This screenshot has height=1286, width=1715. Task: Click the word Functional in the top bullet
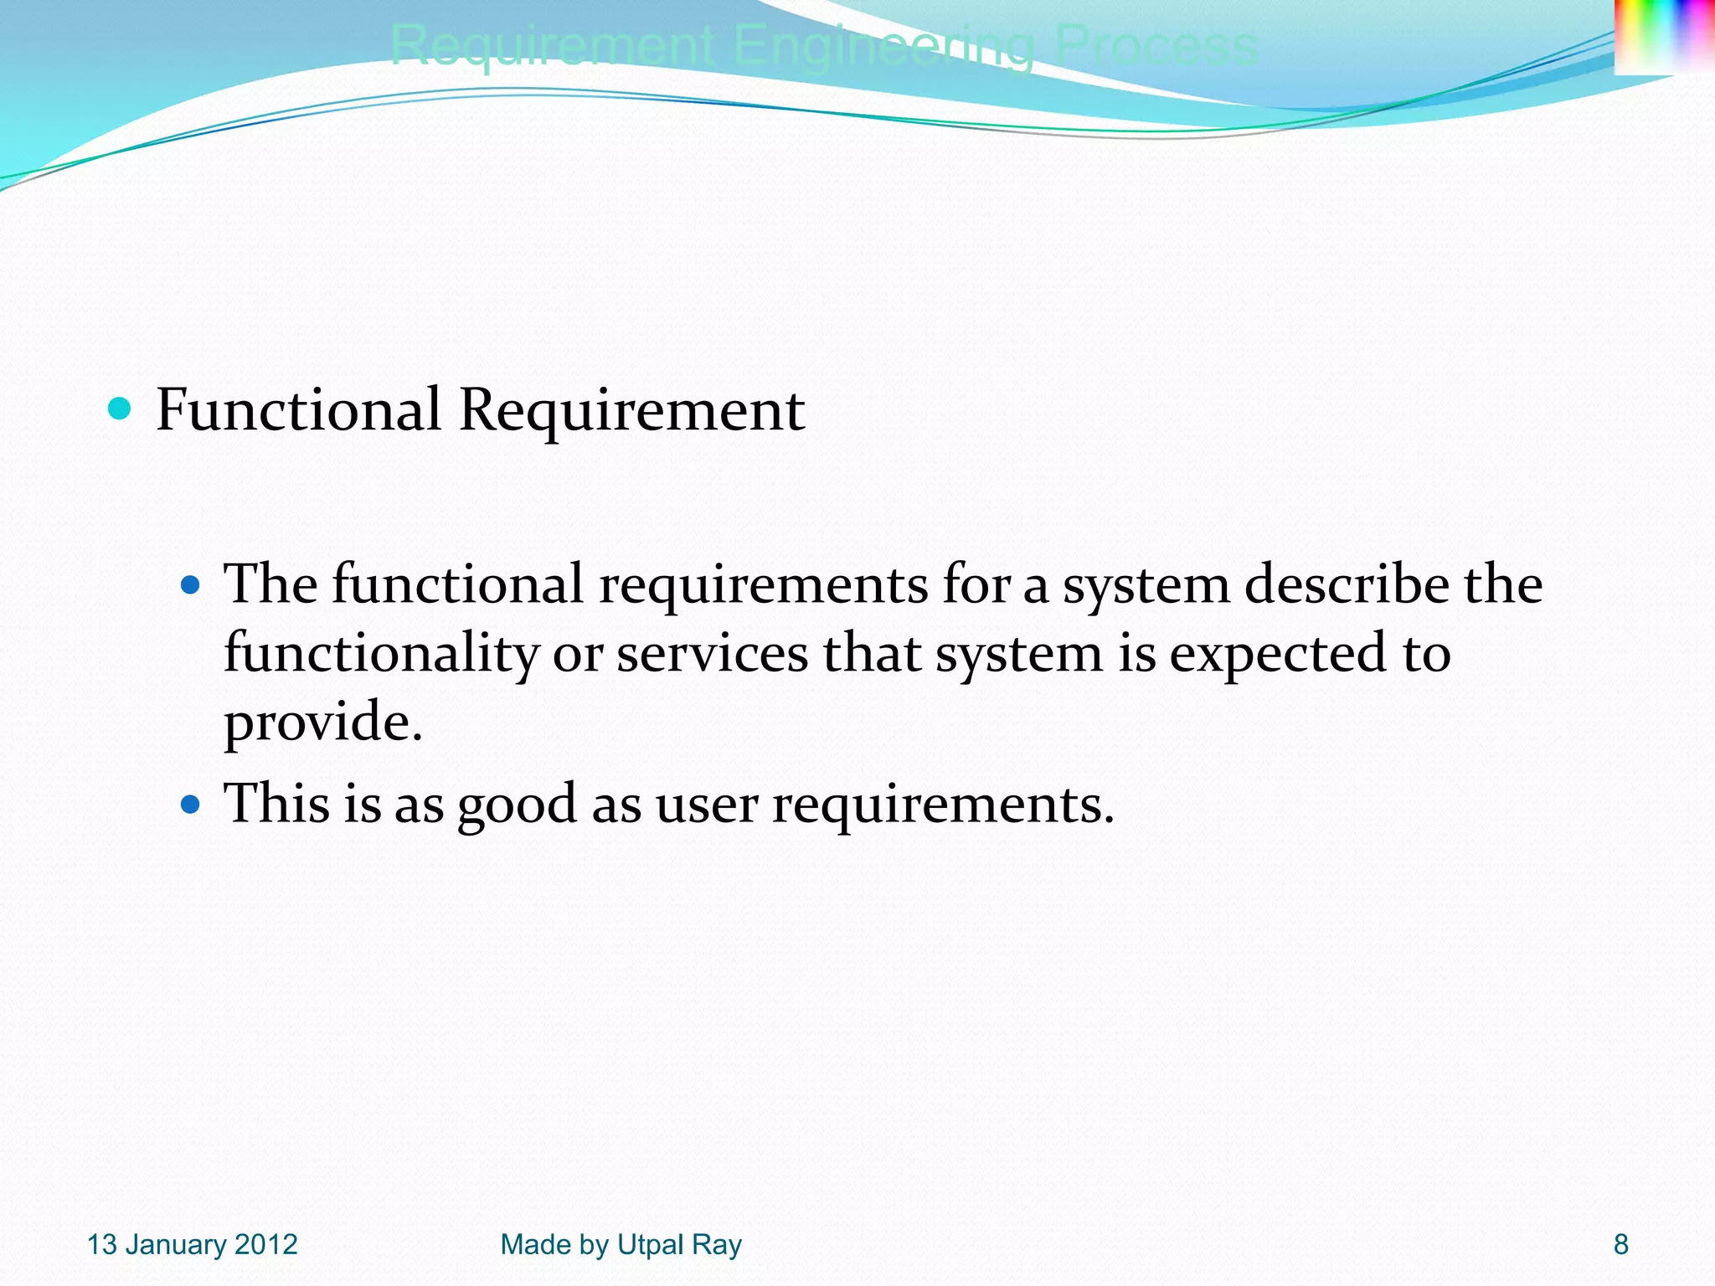click(x=298, y=410)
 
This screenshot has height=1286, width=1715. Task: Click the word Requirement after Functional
click(x=631, y=410)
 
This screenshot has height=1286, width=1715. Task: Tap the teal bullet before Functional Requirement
click(x=121, y=409)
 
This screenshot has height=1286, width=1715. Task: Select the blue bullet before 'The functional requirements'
click(x=191, y=584)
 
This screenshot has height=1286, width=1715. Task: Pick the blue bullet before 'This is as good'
click(x=191, y=805)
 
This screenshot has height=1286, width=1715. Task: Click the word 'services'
click(x=712, y=653)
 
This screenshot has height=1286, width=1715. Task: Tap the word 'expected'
click(x=1278, y=653)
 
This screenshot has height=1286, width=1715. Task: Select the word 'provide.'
click(x=323, y=722)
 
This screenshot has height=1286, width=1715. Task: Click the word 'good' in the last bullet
click(x=517, y=805)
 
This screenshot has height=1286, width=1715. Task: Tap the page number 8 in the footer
click(x=1621, y=1244)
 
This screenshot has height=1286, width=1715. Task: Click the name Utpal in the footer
click(x=651, y=1245)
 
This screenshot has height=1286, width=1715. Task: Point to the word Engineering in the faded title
click(x=883, y=47)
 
